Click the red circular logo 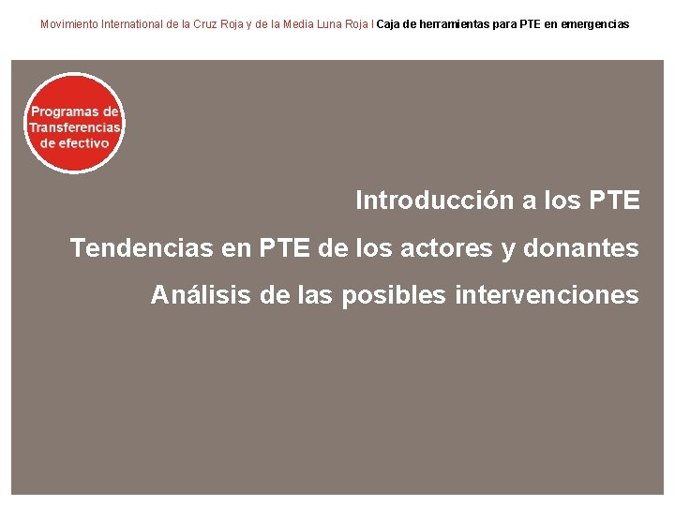tap(74, 123)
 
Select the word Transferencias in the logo tap(75, 127)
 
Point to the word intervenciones tap(547, 296)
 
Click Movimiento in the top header tap(71, 24)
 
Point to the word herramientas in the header tap(455, 24)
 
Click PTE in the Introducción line tap(615, 201)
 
